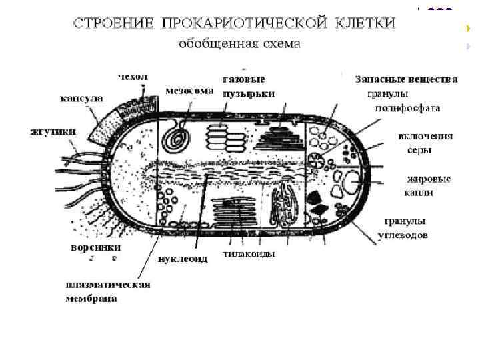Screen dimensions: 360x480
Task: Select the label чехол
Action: (133, 77)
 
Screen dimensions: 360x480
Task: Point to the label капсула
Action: (81, 98)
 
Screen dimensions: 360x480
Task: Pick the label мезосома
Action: (190, 90)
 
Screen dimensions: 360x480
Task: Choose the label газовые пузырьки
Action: (248, 86)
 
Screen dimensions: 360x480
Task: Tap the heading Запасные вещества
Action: (406, 79)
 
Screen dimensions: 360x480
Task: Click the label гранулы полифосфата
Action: (407, 101)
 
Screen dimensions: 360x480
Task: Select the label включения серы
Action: (425, 143)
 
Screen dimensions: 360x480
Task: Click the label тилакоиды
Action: (249, 253)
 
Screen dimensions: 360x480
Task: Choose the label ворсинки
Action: (96, 247)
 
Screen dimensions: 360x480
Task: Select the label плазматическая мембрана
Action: (107, 291)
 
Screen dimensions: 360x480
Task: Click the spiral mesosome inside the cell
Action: (177, 137)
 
